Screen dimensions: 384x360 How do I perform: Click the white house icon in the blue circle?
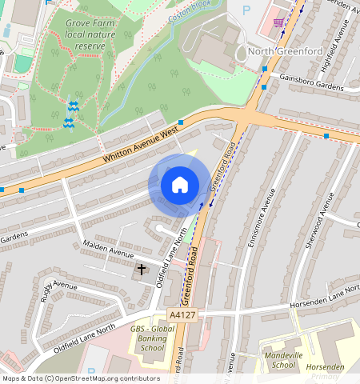click(180, 185)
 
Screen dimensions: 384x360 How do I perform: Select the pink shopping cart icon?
click(279, 22)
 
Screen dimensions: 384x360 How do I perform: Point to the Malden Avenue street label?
click(110, 252)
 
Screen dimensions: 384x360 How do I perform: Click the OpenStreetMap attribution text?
click(81, 378)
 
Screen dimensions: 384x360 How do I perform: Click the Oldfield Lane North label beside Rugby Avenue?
click(84, 337)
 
